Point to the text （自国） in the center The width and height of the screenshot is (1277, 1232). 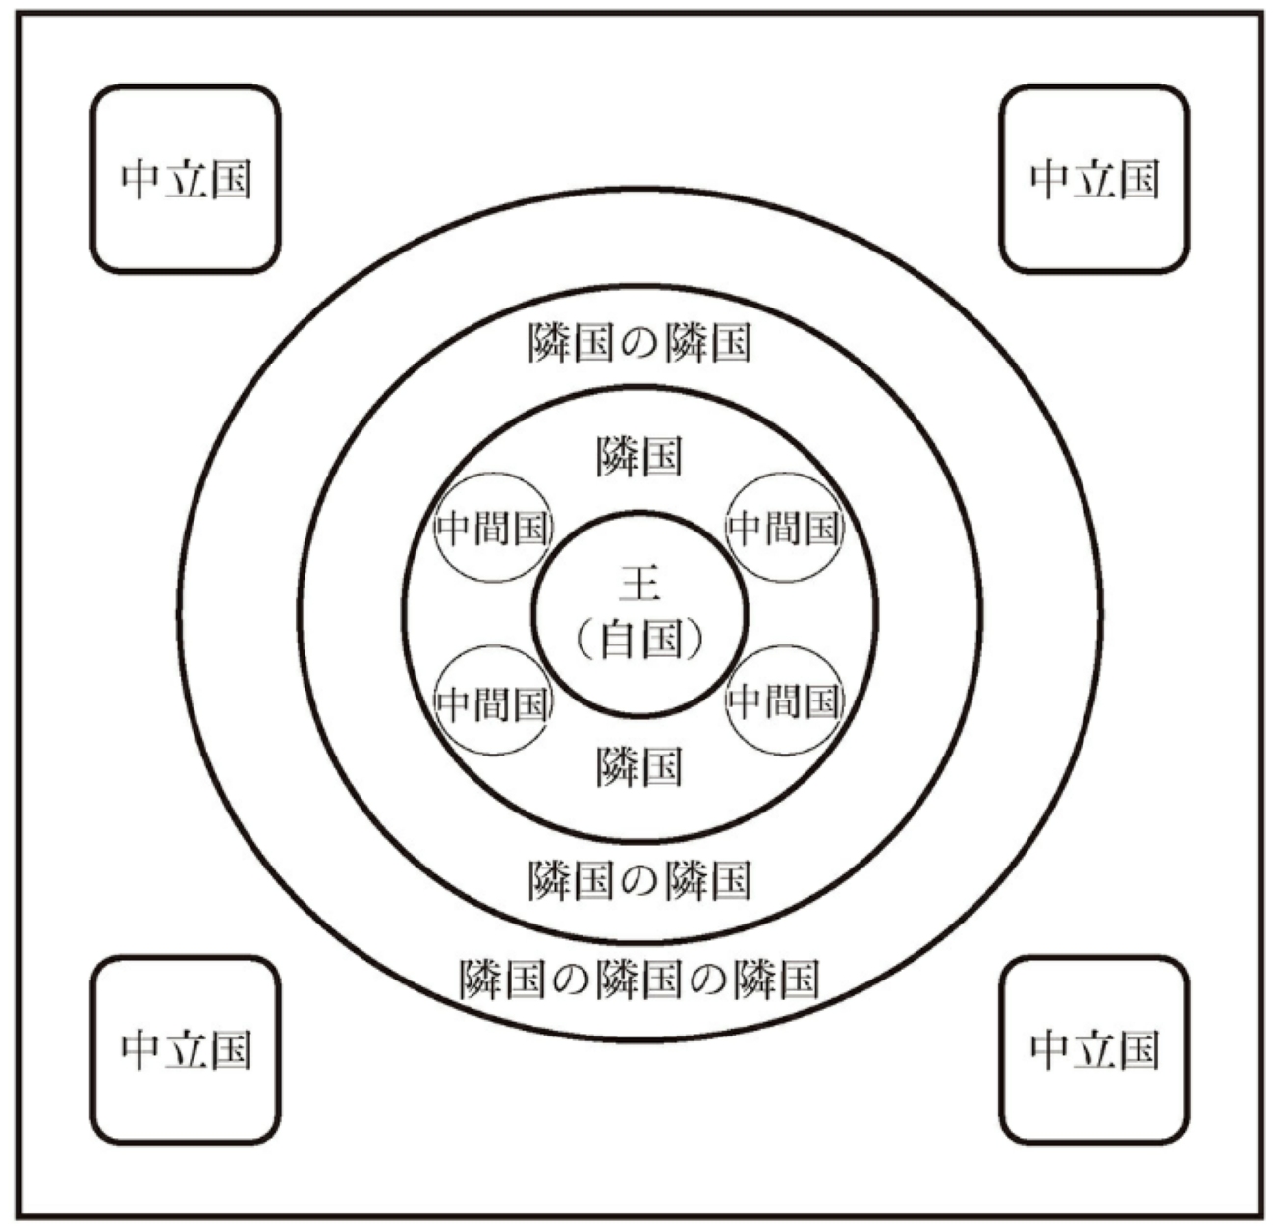point(639,641)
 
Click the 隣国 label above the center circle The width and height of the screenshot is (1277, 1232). point(639,456)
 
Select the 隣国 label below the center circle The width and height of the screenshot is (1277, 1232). point(639,766)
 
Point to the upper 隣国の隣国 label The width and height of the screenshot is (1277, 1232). point(639,342)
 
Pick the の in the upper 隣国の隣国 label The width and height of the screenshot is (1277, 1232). point(639,343)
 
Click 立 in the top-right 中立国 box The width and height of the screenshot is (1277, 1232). point(1094,179)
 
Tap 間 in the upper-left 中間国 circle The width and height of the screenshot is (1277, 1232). point(493,528)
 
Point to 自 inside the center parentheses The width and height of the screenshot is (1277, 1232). point(618,641)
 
